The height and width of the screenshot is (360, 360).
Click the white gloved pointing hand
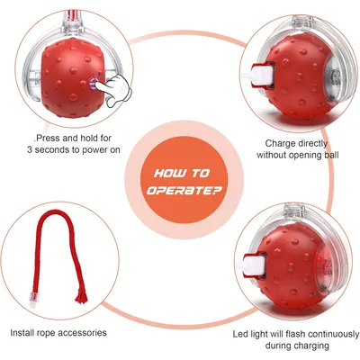point(114,90)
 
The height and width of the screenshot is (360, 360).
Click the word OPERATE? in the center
point(184,190)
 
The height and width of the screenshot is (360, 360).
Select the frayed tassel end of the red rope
point(81,296)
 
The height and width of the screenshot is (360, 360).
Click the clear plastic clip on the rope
point(32,300)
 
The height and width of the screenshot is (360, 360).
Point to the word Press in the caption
point(49,139)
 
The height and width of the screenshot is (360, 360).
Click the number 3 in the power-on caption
point(30,149)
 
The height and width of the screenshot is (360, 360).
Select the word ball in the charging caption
point(331,155)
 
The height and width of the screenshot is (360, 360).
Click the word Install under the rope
point(22,333)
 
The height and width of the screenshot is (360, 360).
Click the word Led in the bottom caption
point(240,334)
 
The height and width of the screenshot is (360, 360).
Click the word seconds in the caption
point(52,149)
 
